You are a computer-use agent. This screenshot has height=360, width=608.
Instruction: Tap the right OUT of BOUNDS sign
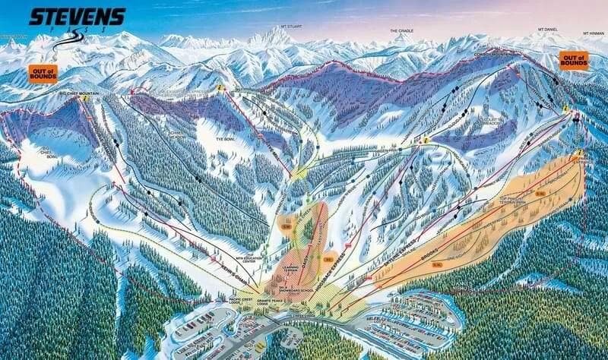573,59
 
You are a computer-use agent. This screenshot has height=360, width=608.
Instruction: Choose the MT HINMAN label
593,33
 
